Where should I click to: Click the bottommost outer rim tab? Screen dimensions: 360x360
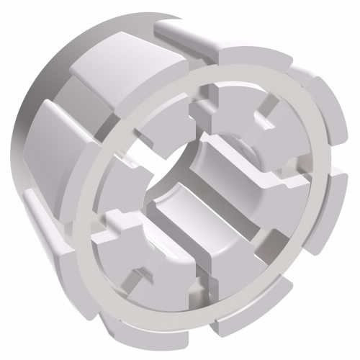(238, 324)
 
